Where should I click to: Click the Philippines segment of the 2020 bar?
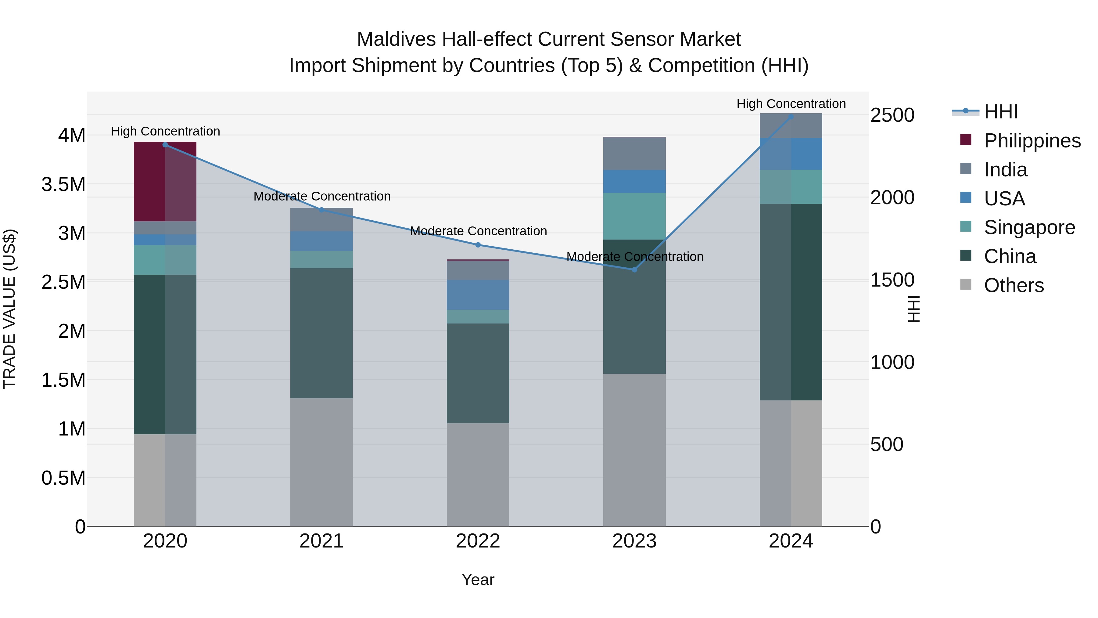pos(165,181)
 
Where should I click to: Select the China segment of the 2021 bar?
pos(321,333)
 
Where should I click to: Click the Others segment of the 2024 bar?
pos(791,463)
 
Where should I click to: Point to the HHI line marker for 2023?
pos(634,269)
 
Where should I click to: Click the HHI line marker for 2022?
pos(478,245)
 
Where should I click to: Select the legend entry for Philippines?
pos(1032,141)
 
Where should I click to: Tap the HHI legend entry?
pos(1000,112)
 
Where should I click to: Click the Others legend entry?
pos(1014,285)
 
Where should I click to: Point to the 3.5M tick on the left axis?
pos(63,185)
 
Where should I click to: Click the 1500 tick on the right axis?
pos(892,280)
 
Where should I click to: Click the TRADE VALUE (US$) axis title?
pos(9,309)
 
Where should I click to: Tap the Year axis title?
pos(478,580)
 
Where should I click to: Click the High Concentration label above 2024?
pos(791,104)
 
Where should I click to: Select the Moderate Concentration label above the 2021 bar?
pos(322,196)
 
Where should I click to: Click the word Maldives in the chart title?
pos(396,39)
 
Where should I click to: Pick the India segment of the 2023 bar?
pos(634,154)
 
